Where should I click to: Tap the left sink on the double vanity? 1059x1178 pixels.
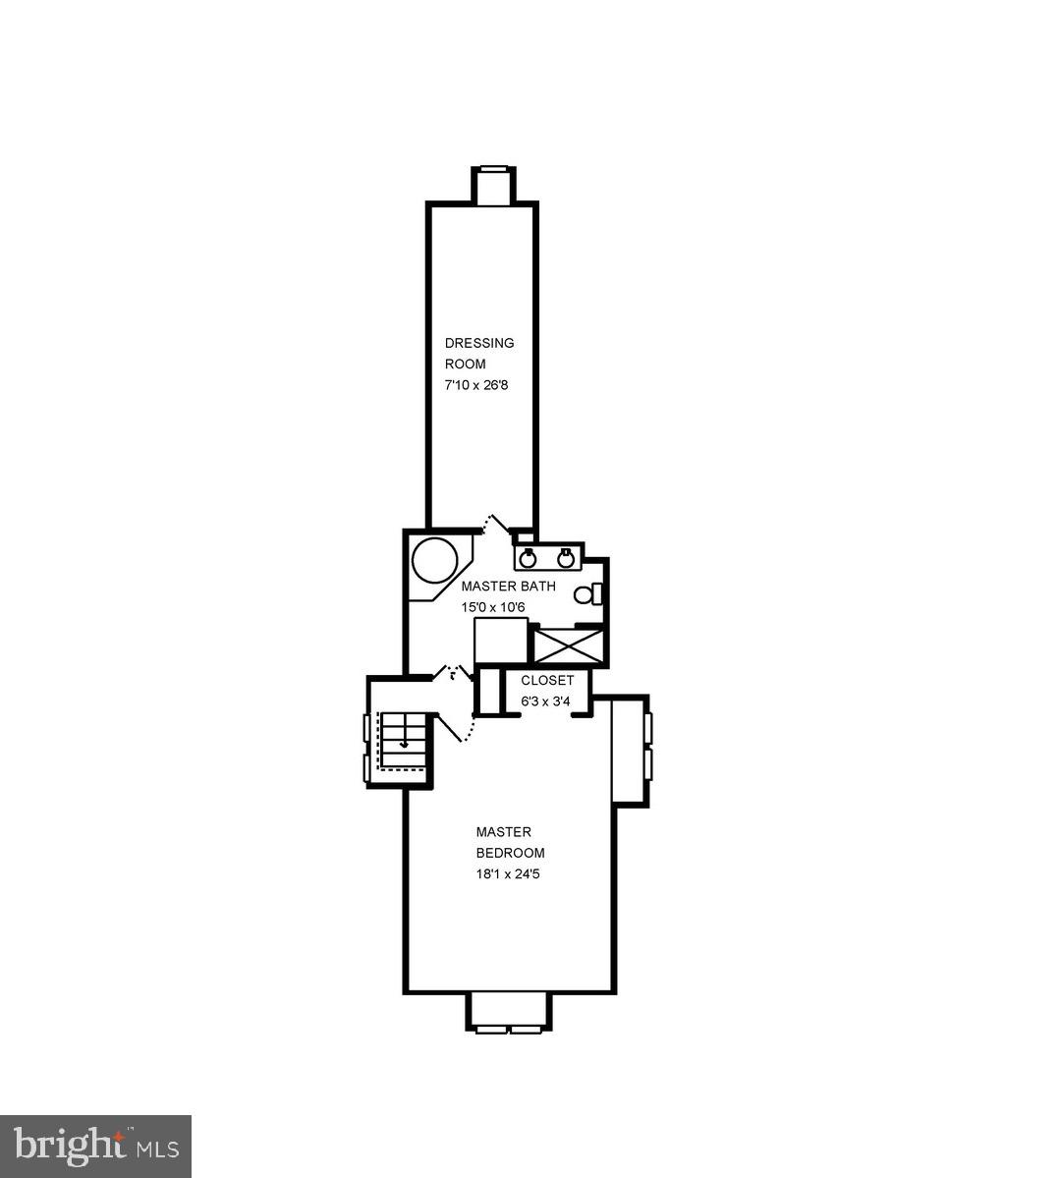pyautogui.click(x=528, y=559)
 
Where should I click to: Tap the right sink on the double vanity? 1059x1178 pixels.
pyautogui.click(x=565, y=559)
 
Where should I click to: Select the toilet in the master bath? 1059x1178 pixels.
pyautogui.click(x=585, y=594)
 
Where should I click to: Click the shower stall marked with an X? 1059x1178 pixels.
pyautogui.click(x=566, y=646)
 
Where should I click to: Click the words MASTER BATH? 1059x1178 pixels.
pyautogui.click(x=508, y=587)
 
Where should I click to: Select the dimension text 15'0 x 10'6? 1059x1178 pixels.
pyautogui.click(x=494, y=607)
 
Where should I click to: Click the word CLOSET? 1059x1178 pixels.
pyautogui.click(x=547, y=681)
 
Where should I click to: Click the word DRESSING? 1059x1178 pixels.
pyautogui.click(x=479, y=343)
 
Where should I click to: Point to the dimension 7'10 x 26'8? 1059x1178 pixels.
pyautogui.click(x=476, y=385)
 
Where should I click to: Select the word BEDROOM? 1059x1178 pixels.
pyautogui.click(x=510, y=853)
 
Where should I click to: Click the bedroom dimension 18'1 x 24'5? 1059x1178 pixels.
pyautogui.click(x=508, y=873)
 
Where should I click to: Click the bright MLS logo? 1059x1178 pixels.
pyautogui.click(x=96, y=1146)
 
